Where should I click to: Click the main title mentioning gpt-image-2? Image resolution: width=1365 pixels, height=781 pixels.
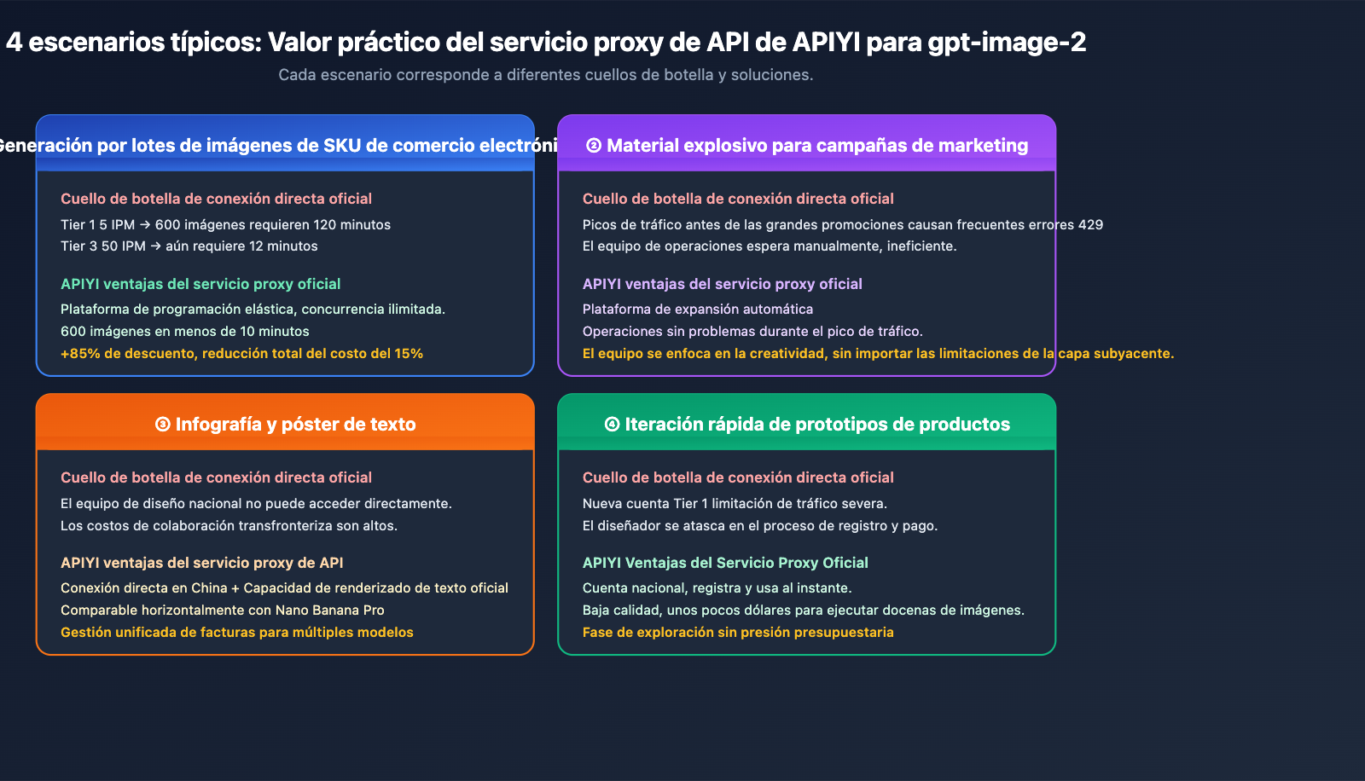(x=546, y=43)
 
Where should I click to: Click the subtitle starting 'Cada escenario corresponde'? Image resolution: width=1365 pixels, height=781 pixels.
(x=546, y=75)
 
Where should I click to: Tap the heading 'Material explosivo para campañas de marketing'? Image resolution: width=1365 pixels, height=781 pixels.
(x=817, y=146)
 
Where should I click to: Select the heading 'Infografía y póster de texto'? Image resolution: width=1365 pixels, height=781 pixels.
(x=295, y=425)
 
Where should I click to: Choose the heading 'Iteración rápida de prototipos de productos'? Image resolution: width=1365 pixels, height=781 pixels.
(x=817, y=425)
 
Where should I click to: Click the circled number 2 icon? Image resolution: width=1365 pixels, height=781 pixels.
(x=594, y=146)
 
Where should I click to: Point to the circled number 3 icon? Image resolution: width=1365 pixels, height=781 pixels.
(x=163, y=425)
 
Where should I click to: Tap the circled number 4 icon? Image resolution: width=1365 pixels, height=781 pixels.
(x=612, y=425)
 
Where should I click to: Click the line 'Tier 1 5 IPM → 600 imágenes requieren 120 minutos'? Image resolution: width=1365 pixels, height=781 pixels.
(x=225, y=225)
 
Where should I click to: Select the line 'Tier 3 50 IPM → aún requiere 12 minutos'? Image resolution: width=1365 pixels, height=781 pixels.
(x=189, y=246)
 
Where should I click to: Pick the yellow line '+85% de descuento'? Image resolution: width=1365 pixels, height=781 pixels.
(x=241, y=354)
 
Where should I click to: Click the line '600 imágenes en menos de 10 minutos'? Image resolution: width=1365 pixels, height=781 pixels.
(x=184, y=332)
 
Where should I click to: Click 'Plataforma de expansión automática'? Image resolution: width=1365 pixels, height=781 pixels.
(x=697, y=310)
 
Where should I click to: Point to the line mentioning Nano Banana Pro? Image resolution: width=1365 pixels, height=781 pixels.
(x=222, y=610)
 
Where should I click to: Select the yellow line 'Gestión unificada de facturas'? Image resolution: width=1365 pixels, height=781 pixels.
(x=236, y=633)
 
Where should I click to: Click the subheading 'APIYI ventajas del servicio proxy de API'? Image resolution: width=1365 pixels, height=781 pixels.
(x=201, y=563)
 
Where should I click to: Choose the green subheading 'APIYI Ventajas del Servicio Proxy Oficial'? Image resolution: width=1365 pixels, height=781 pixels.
(x=724, y=563)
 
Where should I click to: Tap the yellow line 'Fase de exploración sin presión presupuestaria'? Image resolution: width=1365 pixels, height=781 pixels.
(x=737, y=633)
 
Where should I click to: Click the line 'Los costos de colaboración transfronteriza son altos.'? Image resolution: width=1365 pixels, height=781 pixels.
(x=229, y=526)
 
